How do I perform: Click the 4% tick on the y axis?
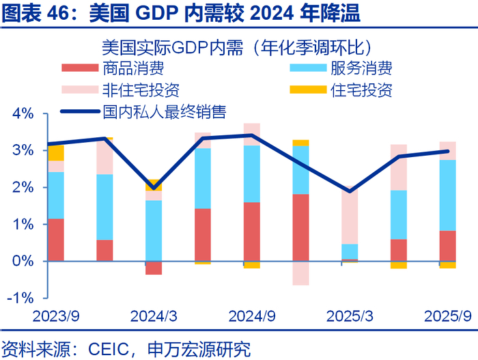click(23, 113)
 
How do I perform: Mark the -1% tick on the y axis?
click(20, 298)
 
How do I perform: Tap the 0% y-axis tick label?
click(23, 261)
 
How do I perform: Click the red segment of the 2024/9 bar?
click(252, 232)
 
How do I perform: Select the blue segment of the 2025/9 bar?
click(447, 195)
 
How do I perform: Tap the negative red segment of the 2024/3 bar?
click(154, 268)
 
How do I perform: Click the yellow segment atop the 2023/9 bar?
click(56, 152)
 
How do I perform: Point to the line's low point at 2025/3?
click(350, 191)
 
